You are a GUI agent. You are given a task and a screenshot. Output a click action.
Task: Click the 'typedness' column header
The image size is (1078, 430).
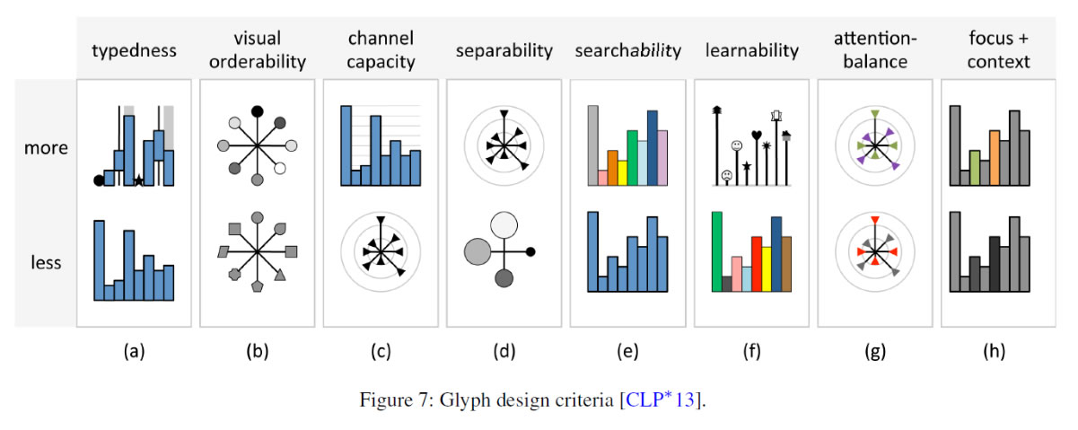click(133, 50)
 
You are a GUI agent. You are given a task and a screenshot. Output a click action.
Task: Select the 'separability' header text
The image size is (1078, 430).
click(504, 50)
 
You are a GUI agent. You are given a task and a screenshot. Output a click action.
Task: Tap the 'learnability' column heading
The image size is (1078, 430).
click(751, 50)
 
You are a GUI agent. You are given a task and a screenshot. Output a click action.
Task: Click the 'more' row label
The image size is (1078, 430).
click(46, 147)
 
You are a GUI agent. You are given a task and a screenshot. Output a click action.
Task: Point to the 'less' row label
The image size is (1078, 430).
click(46, 263)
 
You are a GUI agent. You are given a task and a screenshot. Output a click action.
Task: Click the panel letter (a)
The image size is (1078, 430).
click(133, 352)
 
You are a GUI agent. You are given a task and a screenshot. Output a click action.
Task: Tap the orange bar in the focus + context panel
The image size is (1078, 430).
click(995, 158)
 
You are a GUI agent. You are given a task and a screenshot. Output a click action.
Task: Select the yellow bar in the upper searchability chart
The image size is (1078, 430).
click(623, 172)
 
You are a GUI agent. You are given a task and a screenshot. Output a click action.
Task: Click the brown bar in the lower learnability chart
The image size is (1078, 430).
click(786, 264)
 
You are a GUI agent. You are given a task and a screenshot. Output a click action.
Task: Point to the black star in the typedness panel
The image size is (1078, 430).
click(138, 180)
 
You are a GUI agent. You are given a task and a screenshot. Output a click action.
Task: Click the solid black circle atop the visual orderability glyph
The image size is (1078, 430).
click(258, 111)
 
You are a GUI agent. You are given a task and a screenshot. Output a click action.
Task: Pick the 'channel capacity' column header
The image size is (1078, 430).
click(381, 50)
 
